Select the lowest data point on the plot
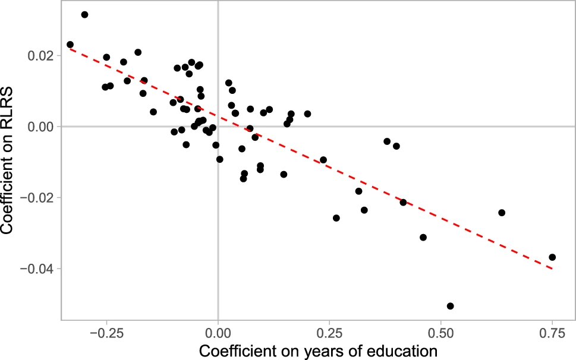(450, 306)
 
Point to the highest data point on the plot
(84, 14)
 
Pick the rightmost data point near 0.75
(552, 257)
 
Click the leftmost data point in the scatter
(70, 45)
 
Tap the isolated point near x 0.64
(502, 213)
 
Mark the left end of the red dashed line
(70, 49)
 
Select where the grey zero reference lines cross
(218, 127)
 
